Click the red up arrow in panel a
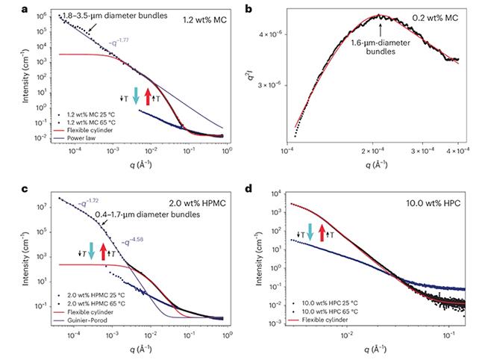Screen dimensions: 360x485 pos(148,96)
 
